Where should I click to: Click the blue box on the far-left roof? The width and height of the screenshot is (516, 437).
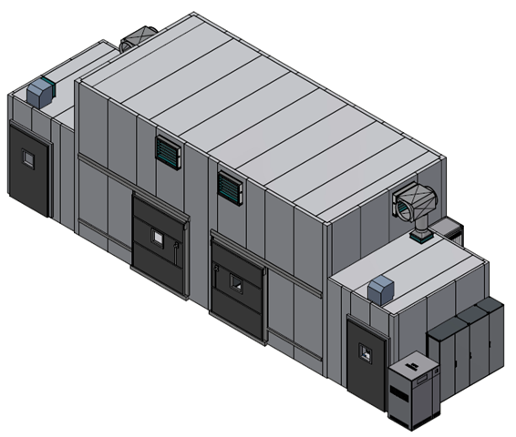pos(41,91)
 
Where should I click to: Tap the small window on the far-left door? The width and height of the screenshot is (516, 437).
pos(28,159)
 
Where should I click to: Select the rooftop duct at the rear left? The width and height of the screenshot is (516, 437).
pos(138,37)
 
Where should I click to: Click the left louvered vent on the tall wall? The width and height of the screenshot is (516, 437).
pos(167,152)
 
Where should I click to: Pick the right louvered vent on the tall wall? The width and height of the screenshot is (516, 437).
pos(229,188)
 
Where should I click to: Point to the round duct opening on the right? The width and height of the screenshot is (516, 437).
pos(405,205)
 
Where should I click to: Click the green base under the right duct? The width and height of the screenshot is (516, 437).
pos(421,237)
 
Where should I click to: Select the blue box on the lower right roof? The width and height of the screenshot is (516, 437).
pos(380,290)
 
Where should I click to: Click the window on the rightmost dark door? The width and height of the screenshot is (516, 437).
pos(367,352)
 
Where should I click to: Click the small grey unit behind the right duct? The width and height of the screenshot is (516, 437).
pos(449,228)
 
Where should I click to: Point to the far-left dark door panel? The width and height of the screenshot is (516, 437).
pos(28,169)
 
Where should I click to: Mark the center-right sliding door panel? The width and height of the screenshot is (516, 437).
pos(237,290)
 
